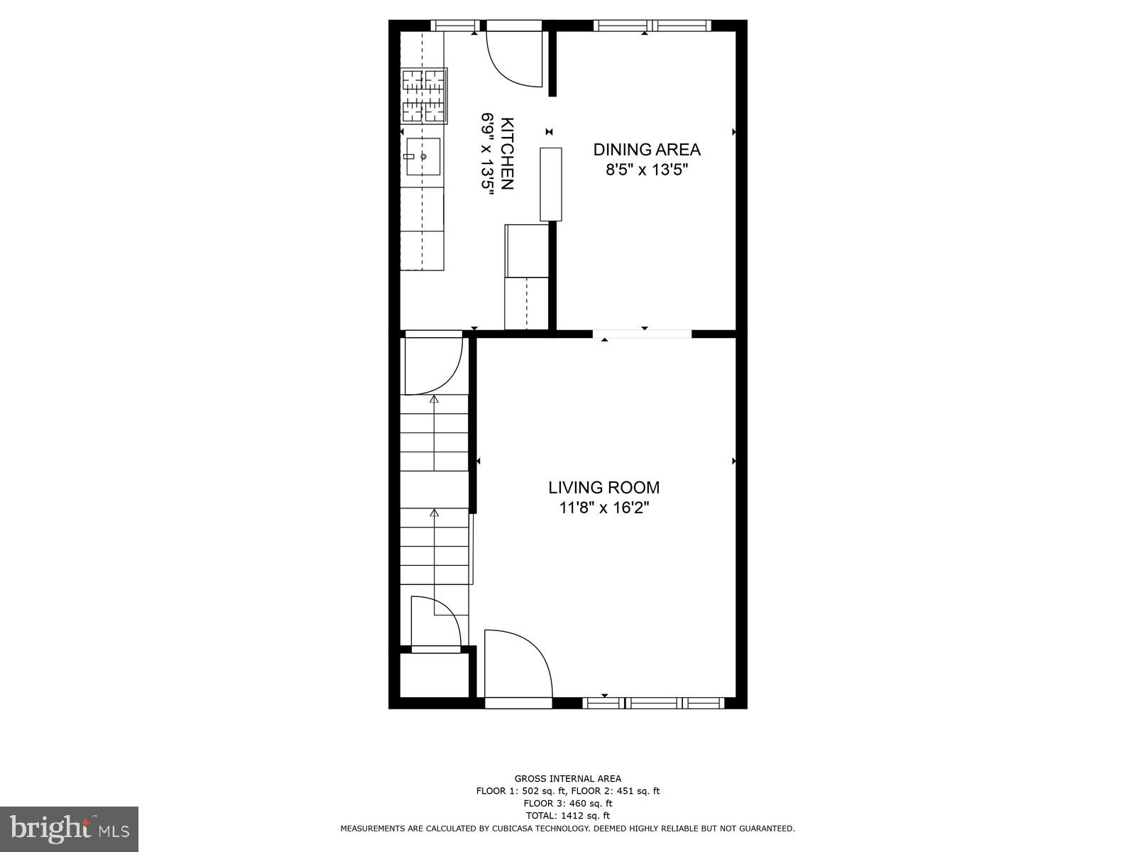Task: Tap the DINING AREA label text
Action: click(x=647, y=150)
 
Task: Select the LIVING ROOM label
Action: click(x=603, y=488)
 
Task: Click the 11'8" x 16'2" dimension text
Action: click(x=603, y=508)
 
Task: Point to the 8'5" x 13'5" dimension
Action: click(x=647, y=170)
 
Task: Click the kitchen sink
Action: click(x=423, y=156)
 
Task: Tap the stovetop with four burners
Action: click(x=424, y=96)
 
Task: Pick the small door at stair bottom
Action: click(x=435, y=623)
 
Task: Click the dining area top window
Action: click(x=652, y=26)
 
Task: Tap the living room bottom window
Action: click(x=653, y=703)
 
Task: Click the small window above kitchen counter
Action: click(x=455, y=26)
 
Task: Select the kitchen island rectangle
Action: click(x=551, y=184)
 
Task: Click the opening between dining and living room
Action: click(x=642, y=334)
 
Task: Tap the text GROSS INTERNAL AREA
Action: click(x=567, y=779)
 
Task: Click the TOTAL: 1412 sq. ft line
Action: click(x=567, y=816)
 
